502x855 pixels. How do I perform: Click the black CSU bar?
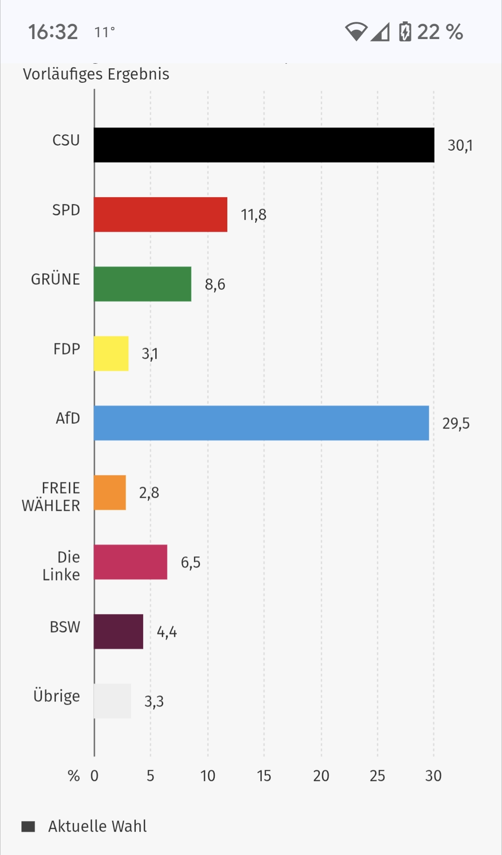[264, 145]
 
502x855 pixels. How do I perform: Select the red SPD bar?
[160, 214]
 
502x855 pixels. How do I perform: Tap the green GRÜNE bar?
[142, 284]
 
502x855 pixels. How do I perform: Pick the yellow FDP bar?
[111, 354]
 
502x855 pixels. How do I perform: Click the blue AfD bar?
[261, 423]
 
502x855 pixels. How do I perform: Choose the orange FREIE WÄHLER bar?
[110, 493]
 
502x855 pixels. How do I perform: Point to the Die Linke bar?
[130, 562]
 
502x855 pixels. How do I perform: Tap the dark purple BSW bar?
[119, 632]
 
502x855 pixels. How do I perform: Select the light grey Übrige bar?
[112, 701]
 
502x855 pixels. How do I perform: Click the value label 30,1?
[460, 146]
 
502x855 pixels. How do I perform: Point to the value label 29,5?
[456, 423]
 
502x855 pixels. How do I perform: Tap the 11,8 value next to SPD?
[253, 215]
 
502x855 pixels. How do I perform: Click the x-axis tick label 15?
[264, 776]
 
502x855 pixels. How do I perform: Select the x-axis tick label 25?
[377, 776]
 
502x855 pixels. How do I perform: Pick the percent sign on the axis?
[73, 776]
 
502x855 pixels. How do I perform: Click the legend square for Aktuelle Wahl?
[28, 827]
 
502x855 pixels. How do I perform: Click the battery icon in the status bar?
[405, 32]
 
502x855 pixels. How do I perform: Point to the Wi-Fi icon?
[356, 32]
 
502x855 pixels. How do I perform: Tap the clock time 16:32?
[53, 32]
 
